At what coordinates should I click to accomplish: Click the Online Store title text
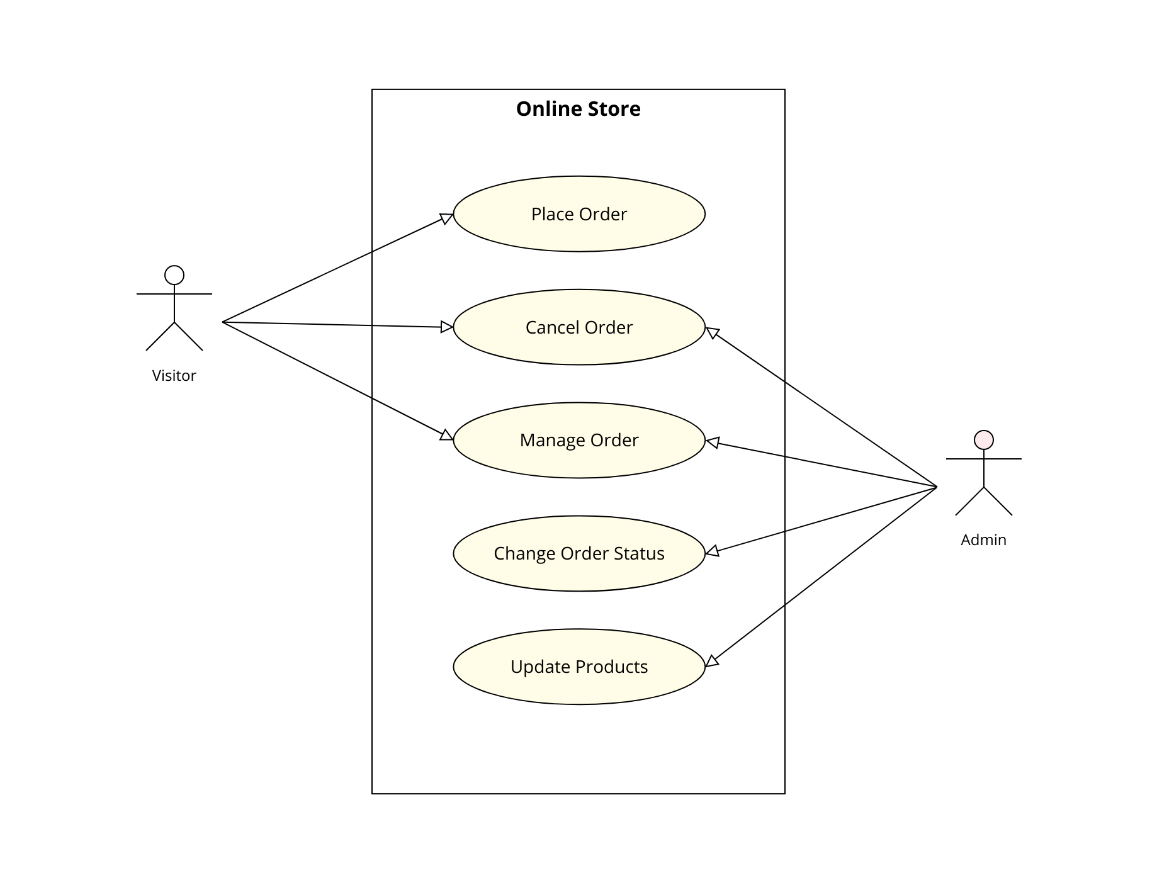click(x=578, y=109)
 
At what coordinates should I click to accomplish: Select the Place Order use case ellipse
click(x=578, y=214)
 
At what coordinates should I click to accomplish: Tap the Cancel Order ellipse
click(x=578, y=327)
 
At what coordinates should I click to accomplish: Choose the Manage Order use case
click(x=578, y=440)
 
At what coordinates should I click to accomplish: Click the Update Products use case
click(x=578, y=667)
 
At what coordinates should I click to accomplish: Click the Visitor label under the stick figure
click(x=174, y=375)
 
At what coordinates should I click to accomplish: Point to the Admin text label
click(x=983, y=539)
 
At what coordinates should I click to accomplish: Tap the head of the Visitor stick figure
click(x=174, y=275)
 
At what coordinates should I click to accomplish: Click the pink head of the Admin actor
click(x=983, y=440)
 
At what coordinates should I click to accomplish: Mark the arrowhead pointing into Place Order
click(x=447, y=218)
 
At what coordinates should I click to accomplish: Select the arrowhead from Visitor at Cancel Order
click(x=447, y=327)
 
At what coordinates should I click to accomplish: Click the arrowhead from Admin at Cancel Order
click(x=712, y=332)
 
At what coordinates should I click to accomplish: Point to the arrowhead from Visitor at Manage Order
click(x=446, y=436)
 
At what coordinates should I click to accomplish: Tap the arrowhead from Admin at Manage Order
click(x=712, y=442)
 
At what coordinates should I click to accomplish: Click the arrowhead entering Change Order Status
click(x=711, y=551)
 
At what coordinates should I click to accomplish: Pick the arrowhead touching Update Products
click(x=711, y=661)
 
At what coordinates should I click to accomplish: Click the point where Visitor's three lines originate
click(x=223, y=322)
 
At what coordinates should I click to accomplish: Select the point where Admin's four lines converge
click(x=937, y=487)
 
